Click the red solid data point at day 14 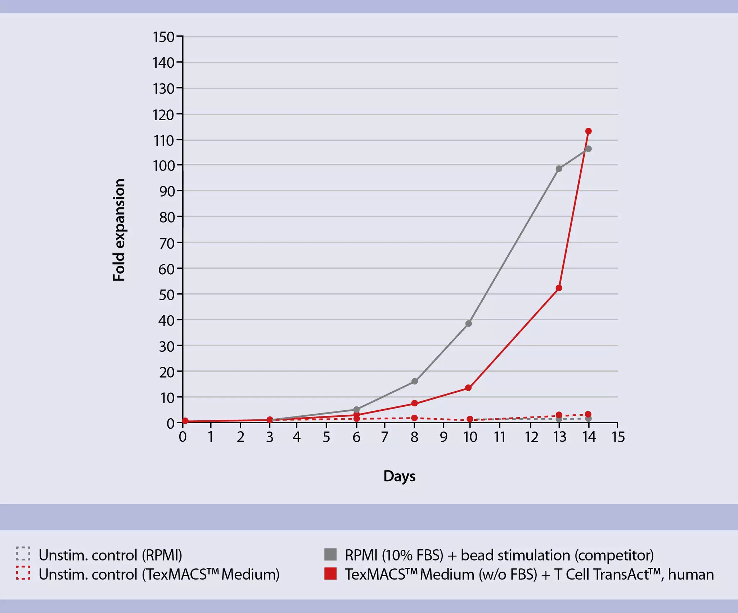coord(588,131)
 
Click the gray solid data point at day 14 coord(588,149)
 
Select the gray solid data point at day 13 coord(559,168)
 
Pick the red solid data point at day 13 coord(559,288)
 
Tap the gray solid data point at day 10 coord(468,324)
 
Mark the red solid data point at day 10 coord(468,388)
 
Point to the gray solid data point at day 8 coord(414,381)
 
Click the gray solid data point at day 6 coord(356,409)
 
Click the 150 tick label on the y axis coord(163,37)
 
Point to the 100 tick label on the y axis coord(163,166)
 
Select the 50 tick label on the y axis coord(166,295)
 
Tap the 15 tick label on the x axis coord(618,437)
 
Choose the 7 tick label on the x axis coord(384,437)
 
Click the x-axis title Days coord(399,476)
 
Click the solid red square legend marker coord(330,574)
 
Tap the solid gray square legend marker coord(330,555)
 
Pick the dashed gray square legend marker coord(23,554)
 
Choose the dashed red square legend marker coord(23,573)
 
